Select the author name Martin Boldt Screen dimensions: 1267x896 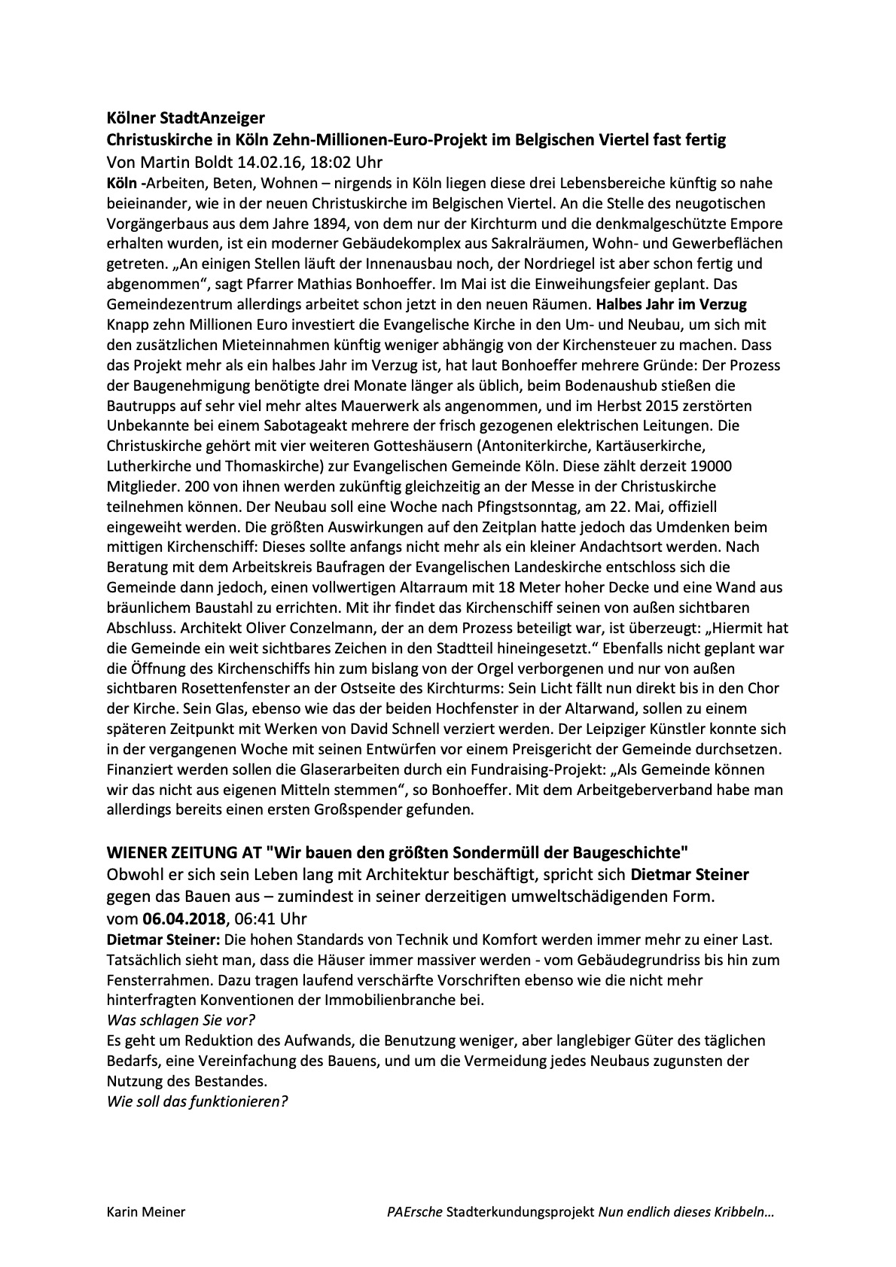(x=177, y=162)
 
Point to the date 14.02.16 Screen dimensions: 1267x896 (x=266, y=162)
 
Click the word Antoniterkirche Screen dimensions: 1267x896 (x=561, y=446)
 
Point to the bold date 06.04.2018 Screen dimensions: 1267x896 (x=184, y=918)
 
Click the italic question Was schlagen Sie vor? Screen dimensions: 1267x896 (x=180, y=1020)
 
